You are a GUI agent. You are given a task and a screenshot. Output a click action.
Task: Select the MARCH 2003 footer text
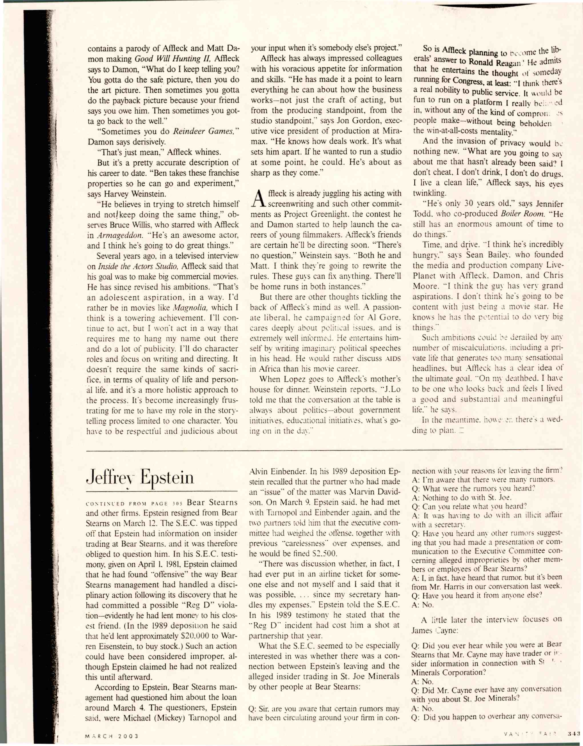[x=111, y=735]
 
